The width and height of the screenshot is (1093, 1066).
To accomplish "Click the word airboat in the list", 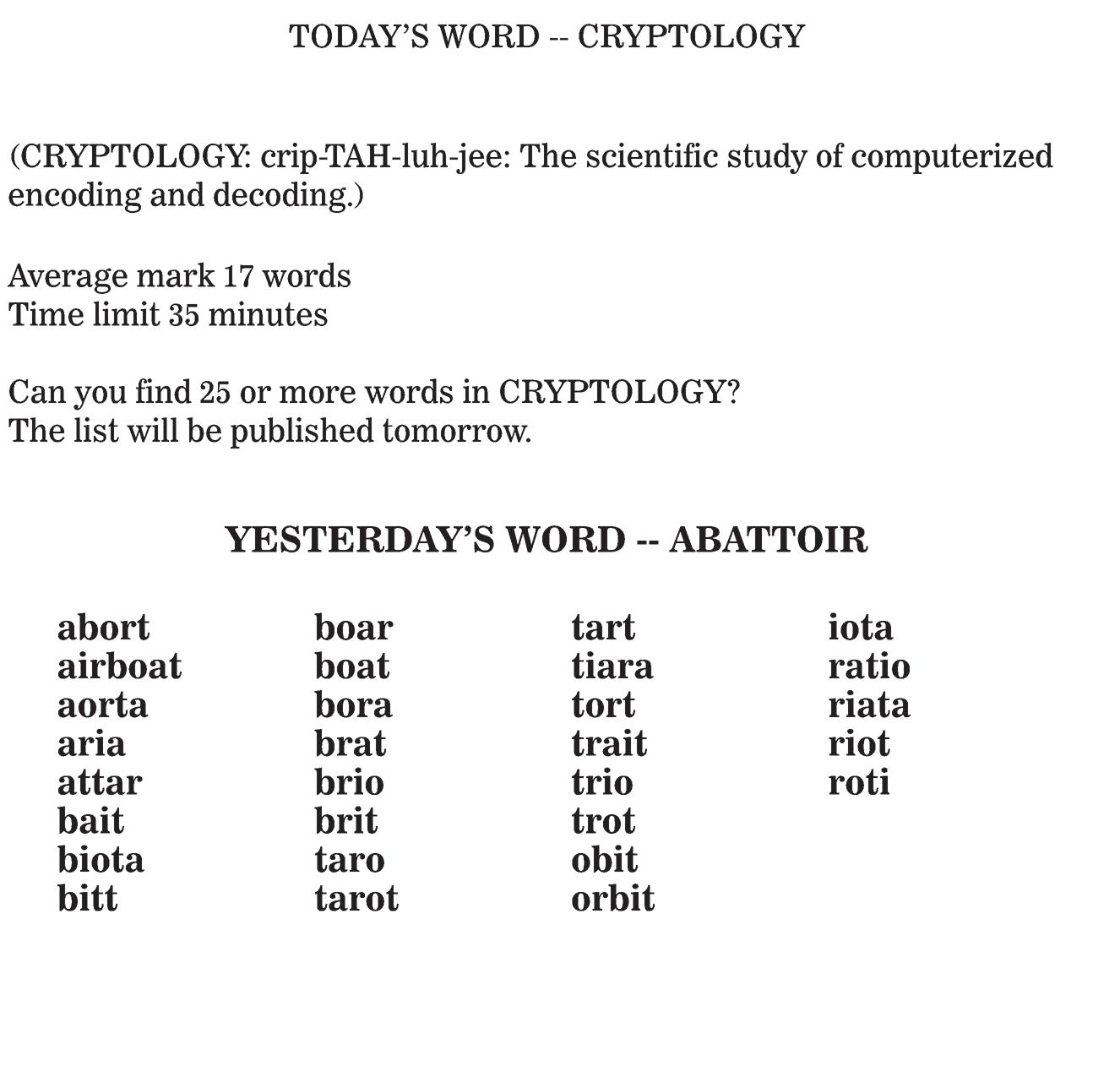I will coord(119,666).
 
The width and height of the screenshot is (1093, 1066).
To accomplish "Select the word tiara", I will coord(612,666).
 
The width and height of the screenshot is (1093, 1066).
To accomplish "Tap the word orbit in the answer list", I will coord(612,899).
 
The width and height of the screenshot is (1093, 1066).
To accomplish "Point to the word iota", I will coord(860,628).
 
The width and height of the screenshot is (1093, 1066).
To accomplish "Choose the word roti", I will coord(858,783).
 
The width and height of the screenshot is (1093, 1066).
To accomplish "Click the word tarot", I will coord(356,899).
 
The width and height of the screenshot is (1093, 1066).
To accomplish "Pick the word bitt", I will coord(87,899).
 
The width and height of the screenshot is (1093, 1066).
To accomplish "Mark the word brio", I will coord(349,783).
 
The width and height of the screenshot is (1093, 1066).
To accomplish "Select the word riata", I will coord(868,705).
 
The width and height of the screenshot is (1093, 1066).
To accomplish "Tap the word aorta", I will coord(102,705).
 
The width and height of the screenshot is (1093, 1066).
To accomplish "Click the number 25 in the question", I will coord(215,393).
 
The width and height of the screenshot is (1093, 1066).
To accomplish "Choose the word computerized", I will coord(952,157).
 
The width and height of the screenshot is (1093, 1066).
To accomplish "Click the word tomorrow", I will coord(455,432).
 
